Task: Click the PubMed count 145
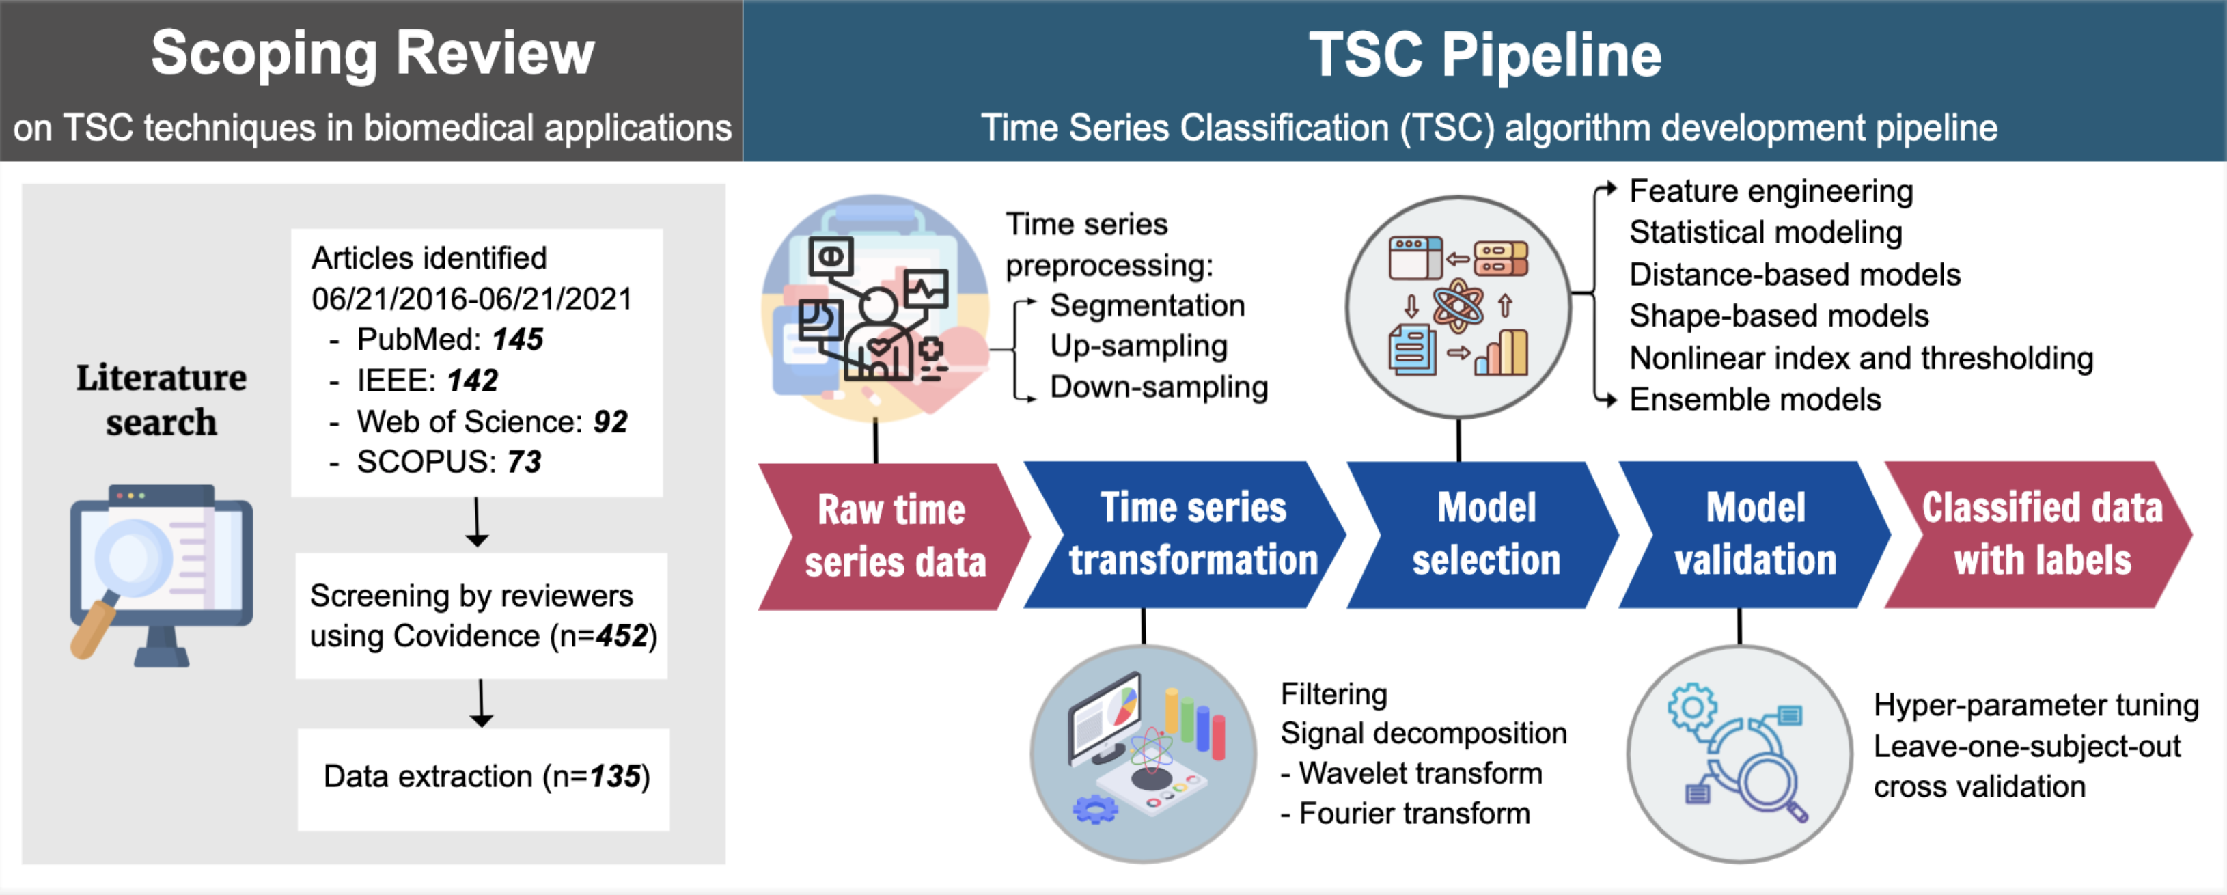click(x=517, y=339)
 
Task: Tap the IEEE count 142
click(x=472, y=381)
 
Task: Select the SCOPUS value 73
click(x=524, y=462)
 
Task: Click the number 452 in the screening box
click(x=622, y=637)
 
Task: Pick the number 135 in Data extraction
click(x=615, y=777)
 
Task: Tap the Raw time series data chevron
click(x=894, y=536)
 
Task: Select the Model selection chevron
click(x=1485, y=534)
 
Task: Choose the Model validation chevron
click(x=1755, y=534)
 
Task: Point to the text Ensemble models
click(x=1754, y=400)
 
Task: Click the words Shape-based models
click(x=1778, y=316)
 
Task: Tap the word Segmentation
click(x=1146, y=305)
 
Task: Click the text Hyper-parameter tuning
click(x=2035, y=705)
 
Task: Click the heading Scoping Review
click(x=372, y=53)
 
